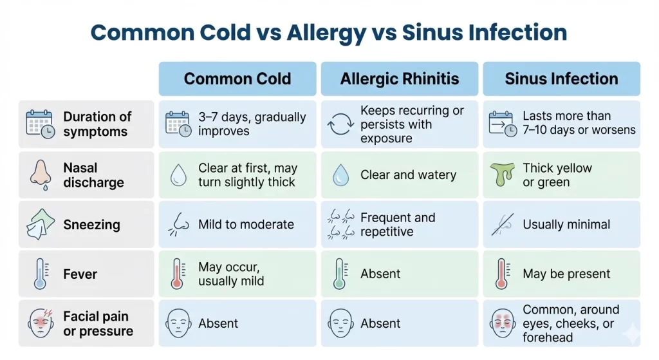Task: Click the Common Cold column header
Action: [x=237, y=79]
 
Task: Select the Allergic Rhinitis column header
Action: [x=400, y=79]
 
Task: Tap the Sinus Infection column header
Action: [x=561, y=79]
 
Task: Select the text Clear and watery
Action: [x=408, y=175]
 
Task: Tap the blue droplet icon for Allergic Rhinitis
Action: [x=340, y=175]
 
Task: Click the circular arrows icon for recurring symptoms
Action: [x=340, y=124]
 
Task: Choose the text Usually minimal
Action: [x=566, y=225]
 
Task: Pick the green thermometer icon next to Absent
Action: [x=340, y=274]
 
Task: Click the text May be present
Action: [x=566, y=274]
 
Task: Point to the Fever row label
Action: [x=80, y=274]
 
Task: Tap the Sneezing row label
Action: [x=91, y=225]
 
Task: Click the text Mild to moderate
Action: [x=246, y=225]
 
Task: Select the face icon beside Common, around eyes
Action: [x=503, y=323]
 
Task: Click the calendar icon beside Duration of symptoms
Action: [x=40, y=124]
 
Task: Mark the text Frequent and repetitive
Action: [x=398, y=225]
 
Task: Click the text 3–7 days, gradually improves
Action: [x=252, y=124]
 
